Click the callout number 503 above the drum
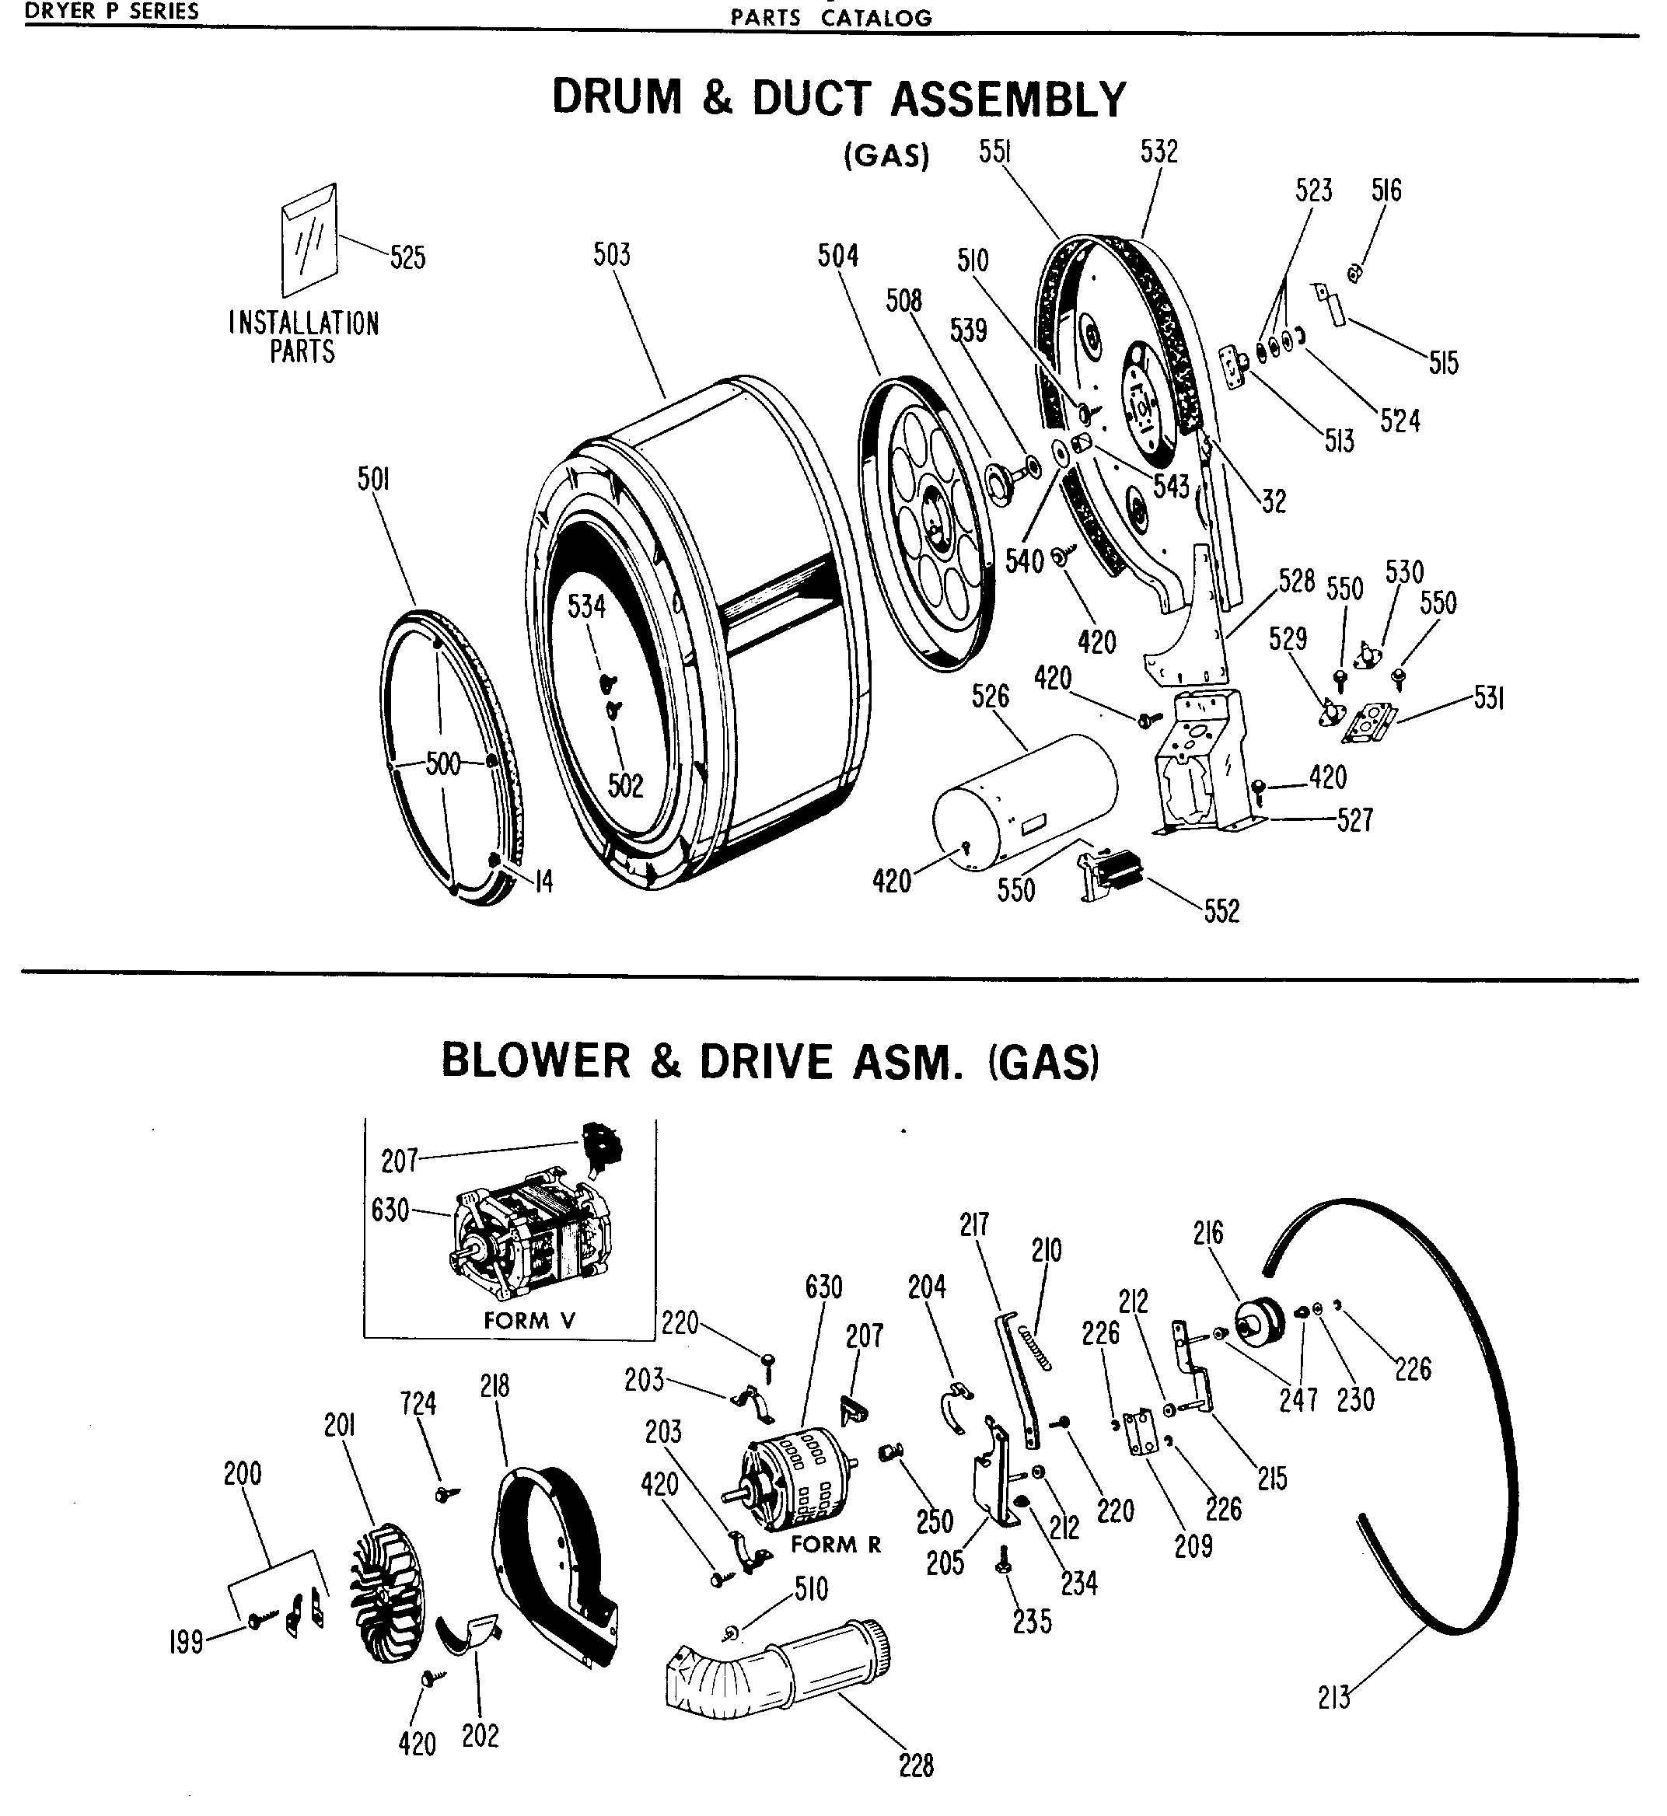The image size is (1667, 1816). tap(612, 255)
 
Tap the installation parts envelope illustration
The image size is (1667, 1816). tap(309, 241)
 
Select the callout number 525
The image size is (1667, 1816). tap(407, 258)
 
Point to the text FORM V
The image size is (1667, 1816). tap(529, 1321)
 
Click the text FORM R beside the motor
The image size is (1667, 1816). tap(836, 1544)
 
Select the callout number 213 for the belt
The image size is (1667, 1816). tap(1333, 1699)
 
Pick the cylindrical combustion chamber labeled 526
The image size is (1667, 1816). tap(1024, 801)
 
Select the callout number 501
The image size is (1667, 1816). tap(373, 479)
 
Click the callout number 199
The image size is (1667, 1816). tap(186, 1643)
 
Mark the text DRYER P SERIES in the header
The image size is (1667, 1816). tap(112, 11)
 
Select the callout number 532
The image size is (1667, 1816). tap(1159, 152)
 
